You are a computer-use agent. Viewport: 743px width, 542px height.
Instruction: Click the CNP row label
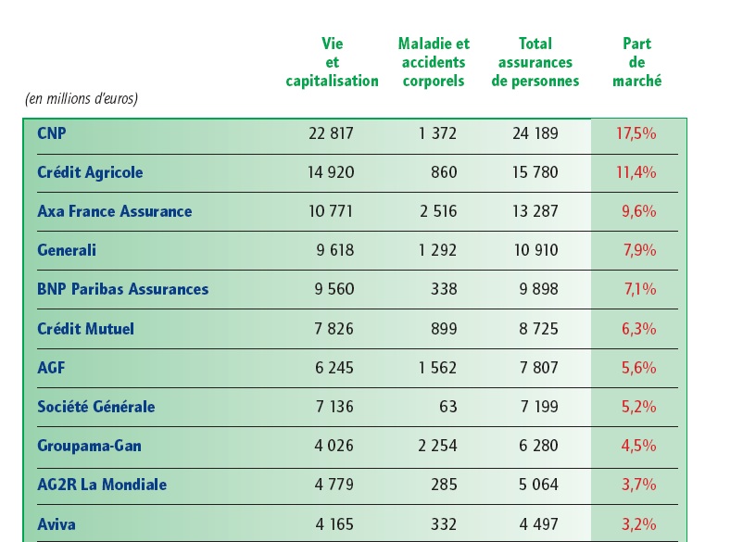pos(52,133)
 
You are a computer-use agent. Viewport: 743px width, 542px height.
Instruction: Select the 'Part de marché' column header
pos(637,62)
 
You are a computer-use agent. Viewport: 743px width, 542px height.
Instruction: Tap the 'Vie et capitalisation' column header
pos(332,62)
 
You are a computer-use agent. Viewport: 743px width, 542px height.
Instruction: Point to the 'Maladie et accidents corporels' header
pos(434,62)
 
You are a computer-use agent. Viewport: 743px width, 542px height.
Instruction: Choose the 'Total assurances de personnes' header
pos(535,62)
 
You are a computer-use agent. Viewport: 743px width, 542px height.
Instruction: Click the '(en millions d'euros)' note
pos(81,98)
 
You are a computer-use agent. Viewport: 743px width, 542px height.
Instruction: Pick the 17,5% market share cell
pos(636,133)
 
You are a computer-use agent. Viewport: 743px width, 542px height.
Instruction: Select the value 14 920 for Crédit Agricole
pos(331,172)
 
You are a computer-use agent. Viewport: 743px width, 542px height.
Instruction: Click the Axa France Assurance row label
pos(115,211)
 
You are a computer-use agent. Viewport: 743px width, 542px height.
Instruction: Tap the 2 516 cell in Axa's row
pos(437,211)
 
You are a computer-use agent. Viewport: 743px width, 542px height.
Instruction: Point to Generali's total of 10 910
pos(535,250)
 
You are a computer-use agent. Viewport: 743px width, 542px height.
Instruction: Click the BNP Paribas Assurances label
pos(123,289)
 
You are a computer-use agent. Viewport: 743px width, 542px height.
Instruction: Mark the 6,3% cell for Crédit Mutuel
pos(638,329)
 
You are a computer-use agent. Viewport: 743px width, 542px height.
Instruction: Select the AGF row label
pos(52,368)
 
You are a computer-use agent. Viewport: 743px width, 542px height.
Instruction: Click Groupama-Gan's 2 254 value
pos(437,446)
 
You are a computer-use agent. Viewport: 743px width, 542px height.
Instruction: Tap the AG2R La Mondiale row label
pos(102,485)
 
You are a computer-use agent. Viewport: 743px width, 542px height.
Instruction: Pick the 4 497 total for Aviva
pos(535,524)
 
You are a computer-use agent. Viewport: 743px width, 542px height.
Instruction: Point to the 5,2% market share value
pos(638,407)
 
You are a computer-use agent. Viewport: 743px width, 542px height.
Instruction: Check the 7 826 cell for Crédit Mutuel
pos(334,329)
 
